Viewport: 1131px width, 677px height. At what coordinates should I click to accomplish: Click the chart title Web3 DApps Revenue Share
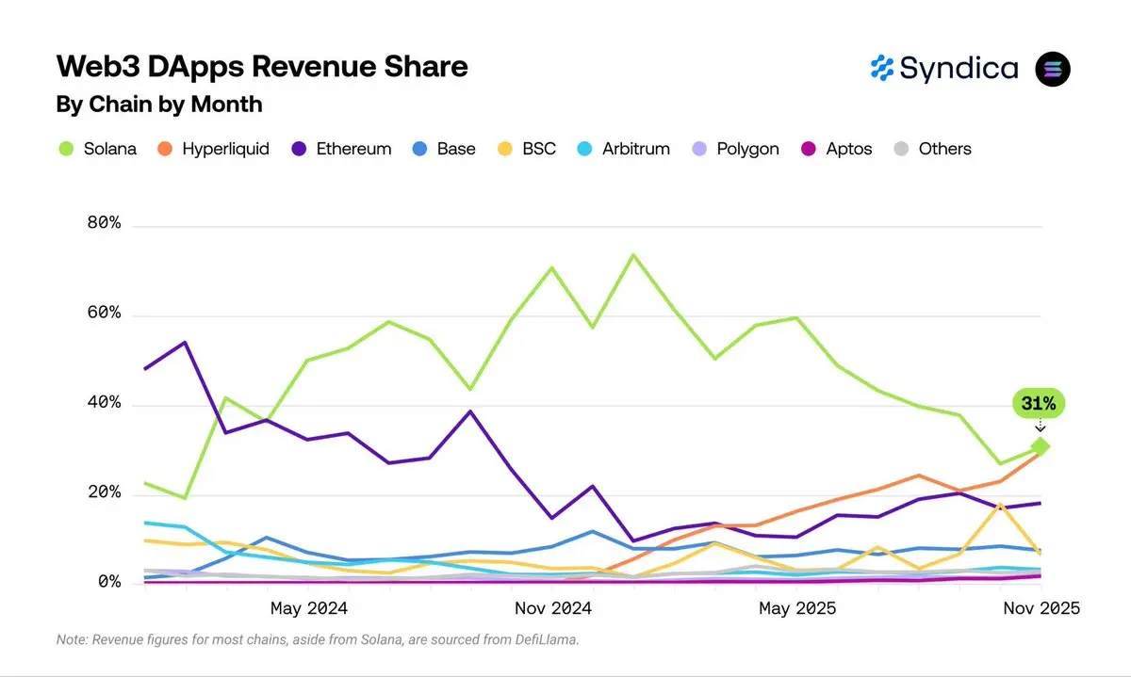coord(262,67)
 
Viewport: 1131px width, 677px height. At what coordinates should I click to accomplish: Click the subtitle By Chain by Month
coord(159,104)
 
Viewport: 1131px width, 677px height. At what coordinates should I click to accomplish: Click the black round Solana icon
coord(1053,69)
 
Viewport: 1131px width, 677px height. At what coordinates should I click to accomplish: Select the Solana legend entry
coord(97,149)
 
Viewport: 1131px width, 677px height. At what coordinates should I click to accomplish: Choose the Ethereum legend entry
coord(341,149)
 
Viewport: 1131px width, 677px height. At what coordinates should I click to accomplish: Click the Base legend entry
coord(444,149)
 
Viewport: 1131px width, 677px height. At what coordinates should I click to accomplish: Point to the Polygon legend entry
coord(735,149)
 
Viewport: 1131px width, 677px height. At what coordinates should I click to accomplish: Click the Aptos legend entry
coord(837,149)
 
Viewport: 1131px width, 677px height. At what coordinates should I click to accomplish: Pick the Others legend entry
coord(932,149)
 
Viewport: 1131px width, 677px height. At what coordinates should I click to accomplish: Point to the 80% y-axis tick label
coord(103,223)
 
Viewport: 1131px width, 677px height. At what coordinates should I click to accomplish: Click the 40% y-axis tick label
coord(103,403)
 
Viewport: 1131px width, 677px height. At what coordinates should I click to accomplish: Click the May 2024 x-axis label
coord(308,608)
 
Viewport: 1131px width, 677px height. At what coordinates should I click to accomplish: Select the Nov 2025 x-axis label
coord(1041,608)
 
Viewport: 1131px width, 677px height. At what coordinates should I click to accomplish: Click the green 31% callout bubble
coord(1039,404)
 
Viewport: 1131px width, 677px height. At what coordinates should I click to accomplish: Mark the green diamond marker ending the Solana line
coord(1041,446)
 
